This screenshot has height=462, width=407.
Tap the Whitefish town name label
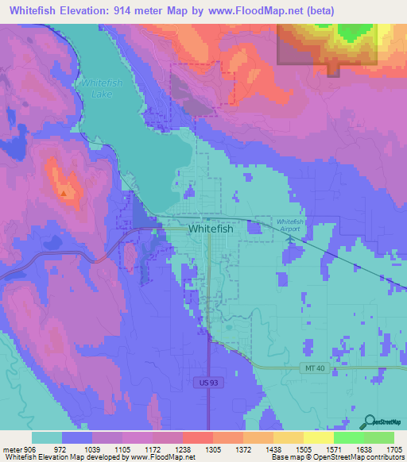pos(211,229)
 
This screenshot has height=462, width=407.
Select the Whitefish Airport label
pos(291,225)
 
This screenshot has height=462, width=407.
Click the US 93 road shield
pos(204,383)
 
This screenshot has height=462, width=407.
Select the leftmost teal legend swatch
pos(47,437)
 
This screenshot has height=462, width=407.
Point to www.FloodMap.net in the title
pos(250,11)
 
